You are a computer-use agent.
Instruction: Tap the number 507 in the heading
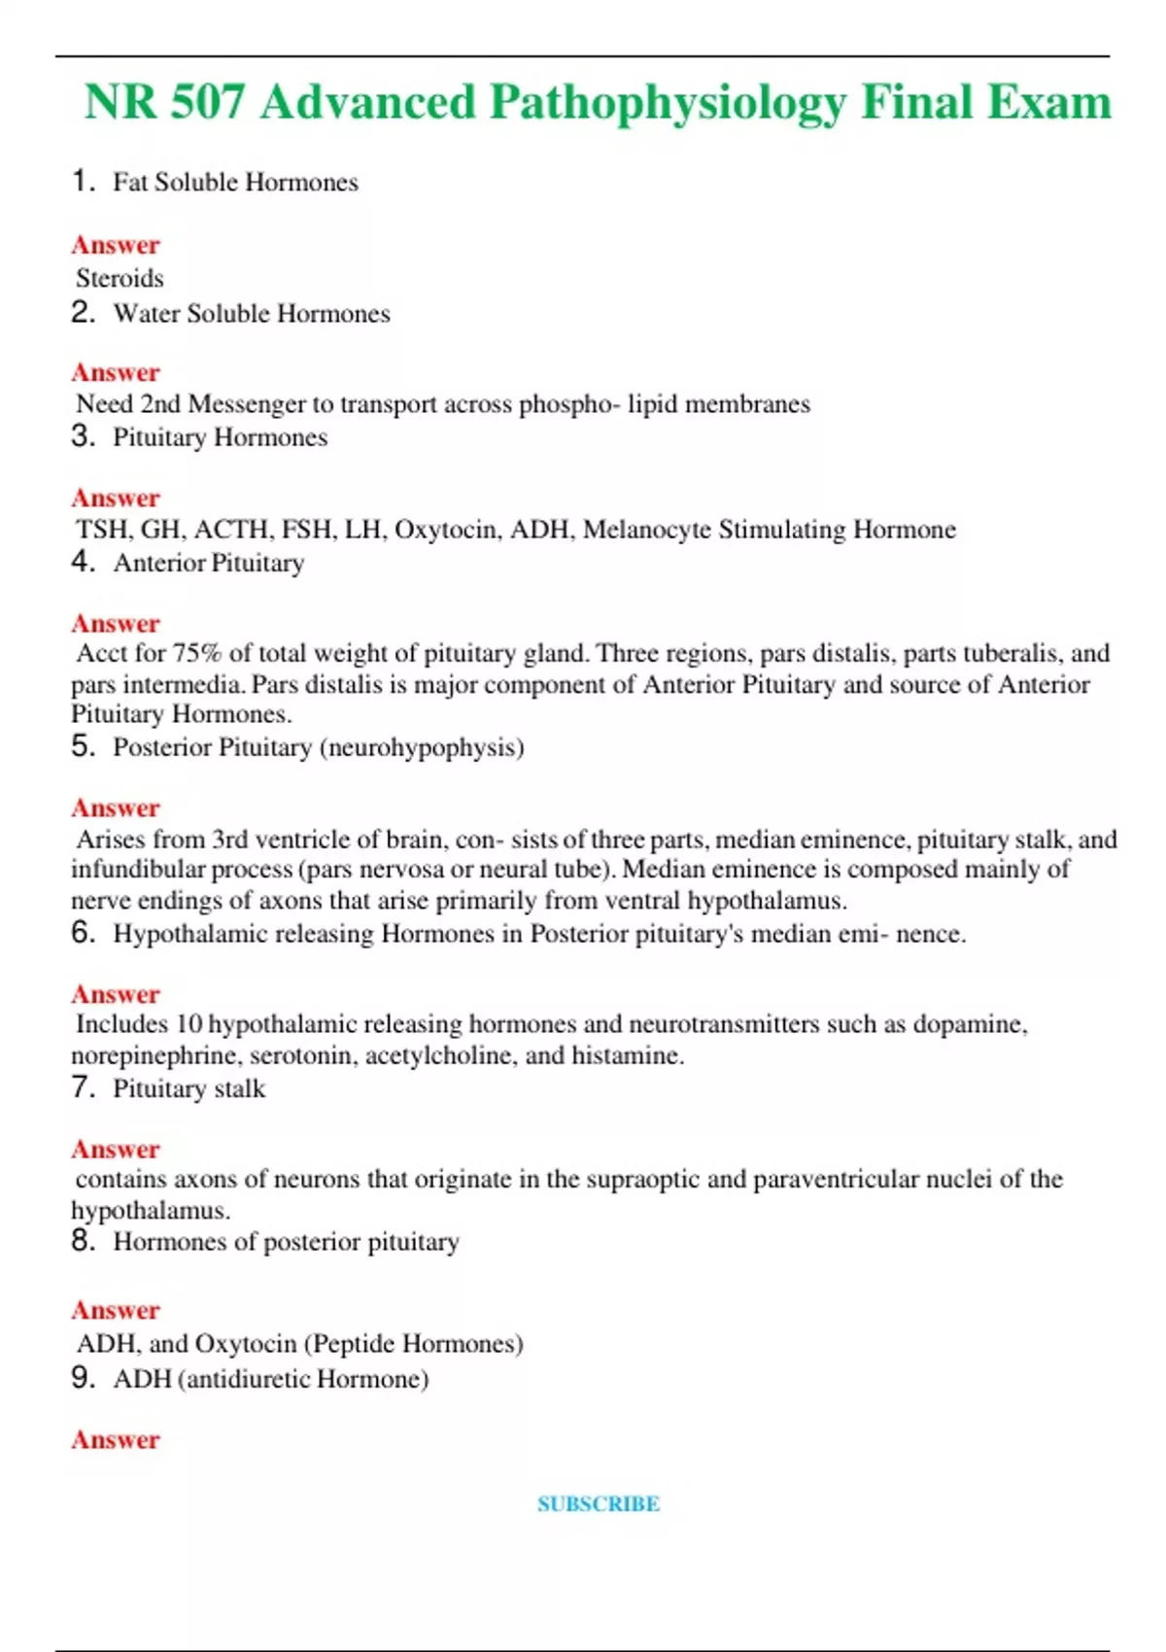click(x=206, y=103)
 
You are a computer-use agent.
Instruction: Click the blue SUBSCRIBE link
click(x=599, y=1504)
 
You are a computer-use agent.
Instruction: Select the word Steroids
click(x=120, y=279)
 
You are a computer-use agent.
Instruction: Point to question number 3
click(x=83, y=436)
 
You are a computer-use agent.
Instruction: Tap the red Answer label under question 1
click(x=115, y=245)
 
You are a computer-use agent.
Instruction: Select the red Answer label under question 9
click(x=115, y=1440)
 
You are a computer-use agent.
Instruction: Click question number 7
click(x=83, y=1087)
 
